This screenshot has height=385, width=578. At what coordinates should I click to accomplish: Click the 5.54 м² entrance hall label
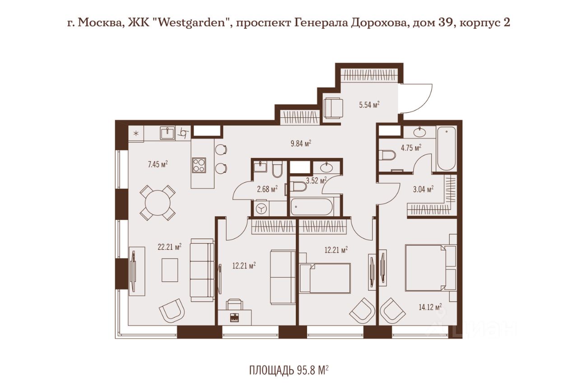point(369,105)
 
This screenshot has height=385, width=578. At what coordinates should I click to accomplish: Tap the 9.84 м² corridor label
point(301,144)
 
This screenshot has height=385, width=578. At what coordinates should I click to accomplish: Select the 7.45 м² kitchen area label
point(158,164)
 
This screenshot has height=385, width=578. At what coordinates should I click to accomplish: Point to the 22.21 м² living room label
point(169,247)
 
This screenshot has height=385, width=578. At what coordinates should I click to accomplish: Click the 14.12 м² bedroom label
point(430,307)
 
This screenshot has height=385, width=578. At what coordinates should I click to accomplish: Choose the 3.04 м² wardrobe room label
point(423,190)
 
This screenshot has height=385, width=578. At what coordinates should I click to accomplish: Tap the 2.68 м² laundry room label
point(267,189)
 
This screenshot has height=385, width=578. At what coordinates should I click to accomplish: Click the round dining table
point(158,203)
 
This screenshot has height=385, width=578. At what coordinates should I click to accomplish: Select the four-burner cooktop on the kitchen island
point(199,165)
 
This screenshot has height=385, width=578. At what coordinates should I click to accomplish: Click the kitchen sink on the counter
point(168,133)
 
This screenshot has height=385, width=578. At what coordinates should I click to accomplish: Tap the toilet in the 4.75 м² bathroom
point(387,155)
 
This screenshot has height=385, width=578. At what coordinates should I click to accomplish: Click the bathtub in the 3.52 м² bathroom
point(312,207)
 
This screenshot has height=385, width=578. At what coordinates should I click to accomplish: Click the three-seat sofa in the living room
point(202,270)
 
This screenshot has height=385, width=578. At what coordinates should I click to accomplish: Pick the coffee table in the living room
point(170,270)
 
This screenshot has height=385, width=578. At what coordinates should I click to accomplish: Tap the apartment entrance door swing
point(416,98)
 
